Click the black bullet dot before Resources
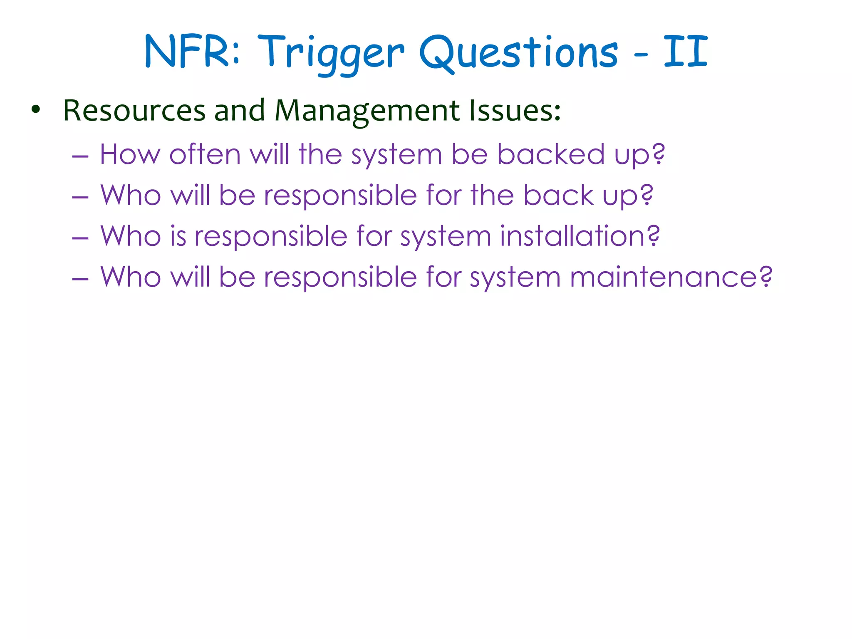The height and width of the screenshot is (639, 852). pyautogui.click(x=36, y=110)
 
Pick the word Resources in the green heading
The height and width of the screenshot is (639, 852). pyautogui.click(x=134, y=111)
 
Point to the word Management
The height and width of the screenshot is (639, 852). pyautogui.click(x=367, y=111)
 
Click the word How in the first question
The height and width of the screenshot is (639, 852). pyautogui.click(x=130, y=154)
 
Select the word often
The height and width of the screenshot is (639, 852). pyautogui.click(x=205, y=154)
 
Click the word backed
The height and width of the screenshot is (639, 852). pyautogui.click(x=551, y=154)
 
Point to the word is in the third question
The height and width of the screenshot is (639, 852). pyautogui.click(x=178, y=236)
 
